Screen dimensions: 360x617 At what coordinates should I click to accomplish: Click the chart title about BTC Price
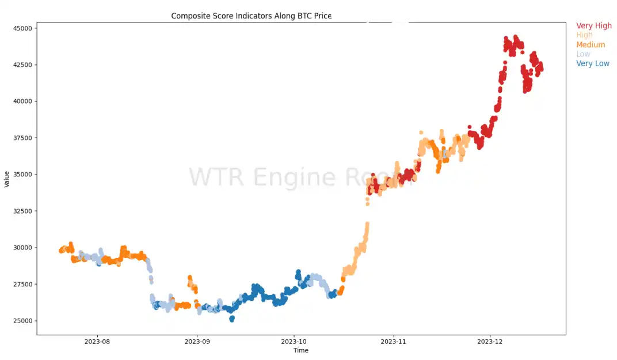point(251,16)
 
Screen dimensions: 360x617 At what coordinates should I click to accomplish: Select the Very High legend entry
point(594,26)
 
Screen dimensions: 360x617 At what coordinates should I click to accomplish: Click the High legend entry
point(584,35)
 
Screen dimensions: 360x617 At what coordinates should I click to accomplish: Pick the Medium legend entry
point(591,45)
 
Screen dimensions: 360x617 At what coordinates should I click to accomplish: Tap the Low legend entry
point(583,54)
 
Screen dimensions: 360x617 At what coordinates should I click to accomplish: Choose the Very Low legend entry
point(593,63)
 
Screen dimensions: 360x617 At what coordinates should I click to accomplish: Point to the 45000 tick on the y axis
point(23,28)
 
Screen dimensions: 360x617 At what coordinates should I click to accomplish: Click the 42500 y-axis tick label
point(23,65)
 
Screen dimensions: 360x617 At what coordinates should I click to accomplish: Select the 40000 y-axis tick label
point(23,101)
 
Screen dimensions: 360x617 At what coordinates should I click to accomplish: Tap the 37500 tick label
point(23,138)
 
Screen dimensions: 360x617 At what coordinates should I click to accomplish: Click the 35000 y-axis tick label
point(23,175)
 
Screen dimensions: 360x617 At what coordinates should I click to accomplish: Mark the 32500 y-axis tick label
point(23,211)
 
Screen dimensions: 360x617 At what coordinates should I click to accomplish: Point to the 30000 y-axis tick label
point(23,248)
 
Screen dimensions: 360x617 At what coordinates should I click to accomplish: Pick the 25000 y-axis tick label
point(23,321)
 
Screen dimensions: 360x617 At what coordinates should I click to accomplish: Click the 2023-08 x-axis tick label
point(97,342)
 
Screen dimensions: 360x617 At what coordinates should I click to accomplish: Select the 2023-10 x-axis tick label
point(294,342)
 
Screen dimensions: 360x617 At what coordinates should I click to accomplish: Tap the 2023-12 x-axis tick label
point(490,342)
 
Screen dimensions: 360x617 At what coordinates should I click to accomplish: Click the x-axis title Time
point(300,350)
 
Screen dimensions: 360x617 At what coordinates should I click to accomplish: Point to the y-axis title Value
point(7,179)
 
